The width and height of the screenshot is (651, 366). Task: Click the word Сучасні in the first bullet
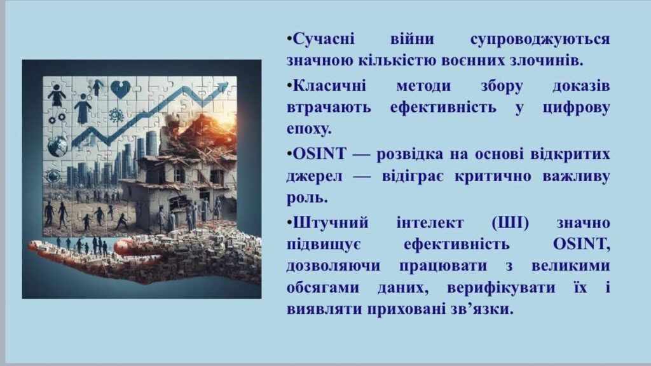coord(324,39)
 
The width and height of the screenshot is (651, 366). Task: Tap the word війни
coord(412,39)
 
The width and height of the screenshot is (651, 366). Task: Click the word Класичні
coord(330,86)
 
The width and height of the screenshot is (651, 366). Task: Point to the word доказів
coord(581,86)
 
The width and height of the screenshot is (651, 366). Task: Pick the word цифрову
coord(577,107)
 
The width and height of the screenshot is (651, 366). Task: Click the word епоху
coord(309,129)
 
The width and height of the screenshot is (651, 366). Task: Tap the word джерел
coord(314,176)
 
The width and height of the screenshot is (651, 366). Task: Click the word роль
coord(307,198)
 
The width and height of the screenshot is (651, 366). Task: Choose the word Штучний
coord(331,223)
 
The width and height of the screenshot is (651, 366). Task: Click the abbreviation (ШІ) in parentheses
coord(511,223)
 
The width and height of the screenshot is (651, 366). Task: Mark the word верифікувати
coord(501,288)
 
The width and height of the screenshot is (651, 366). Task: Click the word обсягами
coord(322,288)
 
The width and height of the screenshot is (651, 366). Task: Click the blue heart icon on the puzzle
coord(120,89)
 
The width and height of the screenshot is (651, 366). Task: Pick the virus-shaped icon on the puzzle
coord(116,115)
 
